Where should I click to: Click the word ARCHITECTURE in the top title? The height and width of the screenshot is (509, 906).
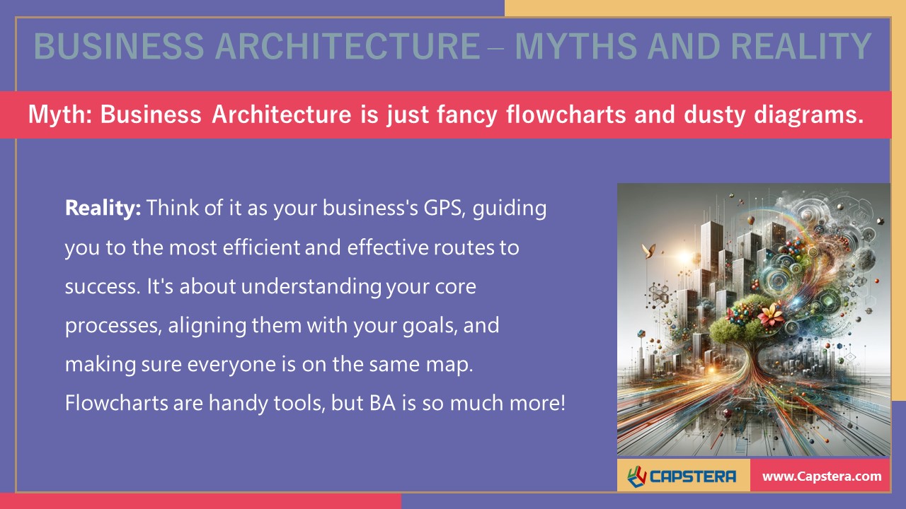point(348,47)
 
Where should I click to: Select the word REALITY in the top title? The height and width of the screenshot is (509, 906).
point(800,47)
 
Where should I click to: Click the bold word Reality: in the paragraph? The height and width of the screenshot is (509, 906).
point(103,209)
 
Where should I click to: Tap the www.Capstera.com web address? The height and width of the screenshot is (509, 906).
point(822,476)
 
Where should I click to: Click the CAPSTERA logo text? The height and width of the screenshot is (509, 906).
point(693,476)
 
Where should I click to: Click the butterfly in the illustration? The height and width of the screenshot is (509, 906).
point(646,249)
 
